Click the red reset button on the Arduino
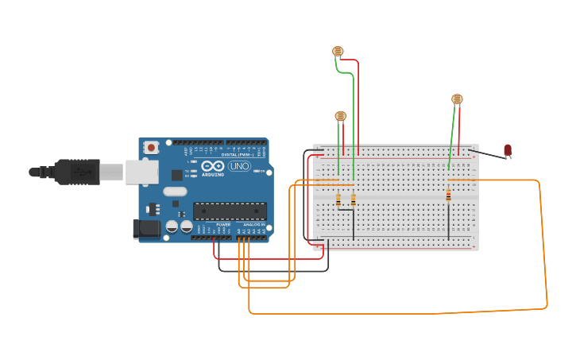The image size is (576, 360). click(151, 148)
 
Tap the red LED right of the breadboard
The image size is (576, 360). click(508, 149)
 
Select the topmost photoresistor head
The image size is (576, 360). click(338, 52)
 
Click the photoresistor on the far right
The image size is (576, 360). click(457, 99)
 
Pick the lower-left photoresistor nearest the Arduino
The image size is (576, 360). click(341, 116)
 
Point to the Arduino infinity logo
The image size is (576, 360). click(212, 167)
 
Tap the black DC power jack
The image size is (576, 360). click(145, 229)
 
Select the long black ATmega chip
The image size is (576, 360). click(230, 211)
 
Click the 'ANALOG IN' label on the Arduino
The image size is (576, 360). click(254, 225)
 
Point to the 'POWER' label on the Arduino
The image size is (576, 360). click(223, 225)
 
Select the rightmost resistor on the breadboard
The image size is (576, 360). click(448, 196)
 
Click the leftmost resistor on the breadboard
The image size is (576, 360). click(338, 200)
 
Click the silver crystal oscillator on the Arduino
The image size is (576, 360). click(175, 192)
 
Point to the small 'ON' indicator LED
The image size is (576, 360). click(256, 171)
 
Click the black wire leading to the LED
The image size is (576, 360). click(486, 153)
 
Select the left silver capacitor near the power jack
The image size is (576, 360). click(172, 227)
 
